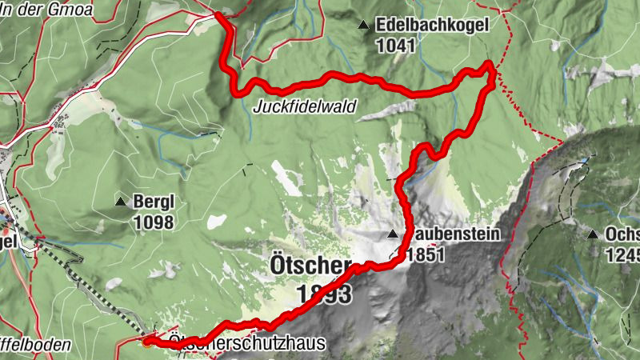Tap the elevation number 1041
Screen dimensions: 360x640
tap(399, 46)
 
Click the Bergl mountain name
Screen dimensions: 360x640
tap(154, 202)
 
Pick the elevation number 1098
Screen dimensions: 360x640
tap(154, 222)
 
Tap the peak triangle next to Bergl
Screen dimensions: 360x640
tap(121, 202)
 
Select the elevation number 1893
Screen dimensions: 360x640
tap(324, 295)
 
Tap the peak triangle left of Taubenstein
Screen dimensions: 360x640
tap(393, 234)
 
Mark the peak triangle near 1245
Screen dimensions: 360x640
tap(593, 234)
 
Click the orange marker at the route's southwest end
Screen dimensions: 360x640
tap(147, 344)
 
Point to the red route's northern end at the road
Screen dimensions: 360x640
tap(219, 14)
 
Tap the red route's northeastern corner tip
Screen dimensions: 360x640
tap(490, 66)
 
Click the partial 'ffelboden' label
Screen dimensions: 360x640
tap(36, 345)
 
